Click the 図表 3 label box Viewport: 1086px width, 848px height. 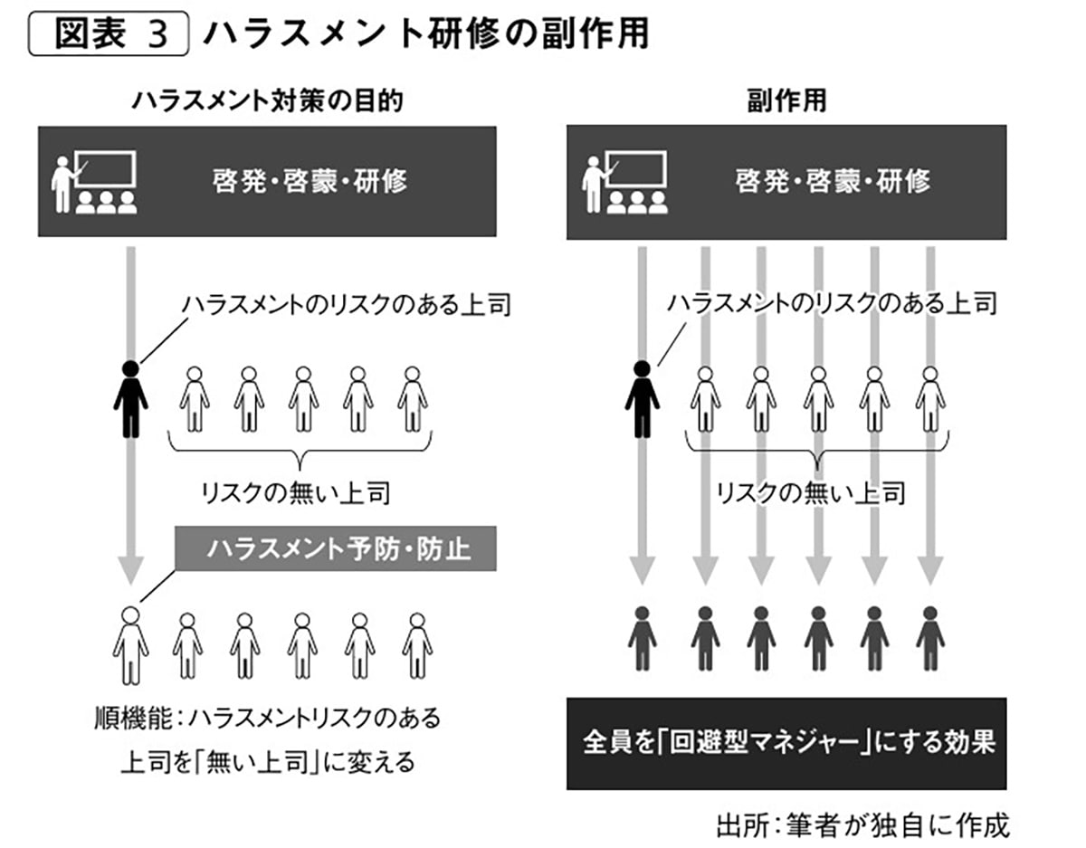pos(109,35)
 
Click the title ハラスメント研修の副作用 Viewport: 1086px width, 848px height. pos(425,35)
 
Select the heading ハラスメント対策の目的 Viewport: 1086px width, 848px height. pos(267,101)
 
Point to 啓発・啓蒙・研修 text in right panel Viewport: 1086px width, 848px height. pos(833,180)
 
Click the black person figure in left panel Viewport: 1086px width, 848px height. pos(131,399)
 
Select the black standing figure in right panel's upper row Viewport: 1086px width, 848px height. pos(642,399)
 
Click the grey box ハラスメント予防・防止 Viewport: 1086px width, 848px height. pos(337,548)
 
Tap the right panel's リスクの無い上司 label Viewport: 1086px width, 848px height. pos(810,493)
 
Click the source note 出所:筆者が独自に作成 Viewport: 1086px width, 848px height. pos(861,824)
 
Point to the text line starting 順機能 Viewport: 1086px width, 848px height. pos(267,719)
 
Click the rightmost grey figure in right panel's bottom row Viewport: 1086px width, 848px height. pos(930,638)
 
